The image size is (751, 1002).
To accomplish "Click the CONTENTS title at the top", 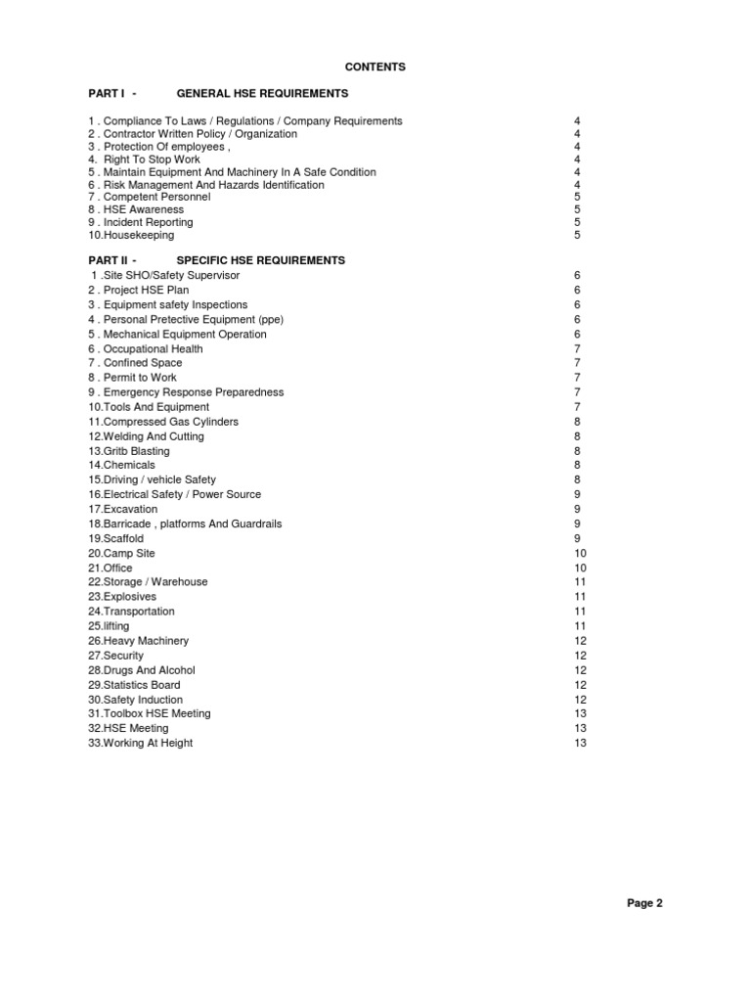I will (375, 67).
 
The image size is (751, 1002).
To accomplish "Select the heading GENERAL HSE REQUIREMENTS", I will (262, 94).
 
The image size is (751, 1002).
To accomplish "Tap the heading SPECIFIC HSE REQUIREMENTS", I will (260, 261).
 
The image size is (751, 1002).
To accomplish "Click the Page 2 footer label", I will (644, 903).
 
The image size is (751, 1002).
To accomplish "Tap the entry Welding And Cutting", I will (146, 436).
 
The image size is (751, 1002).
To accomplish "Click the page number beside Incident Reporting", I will (578, 223).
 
